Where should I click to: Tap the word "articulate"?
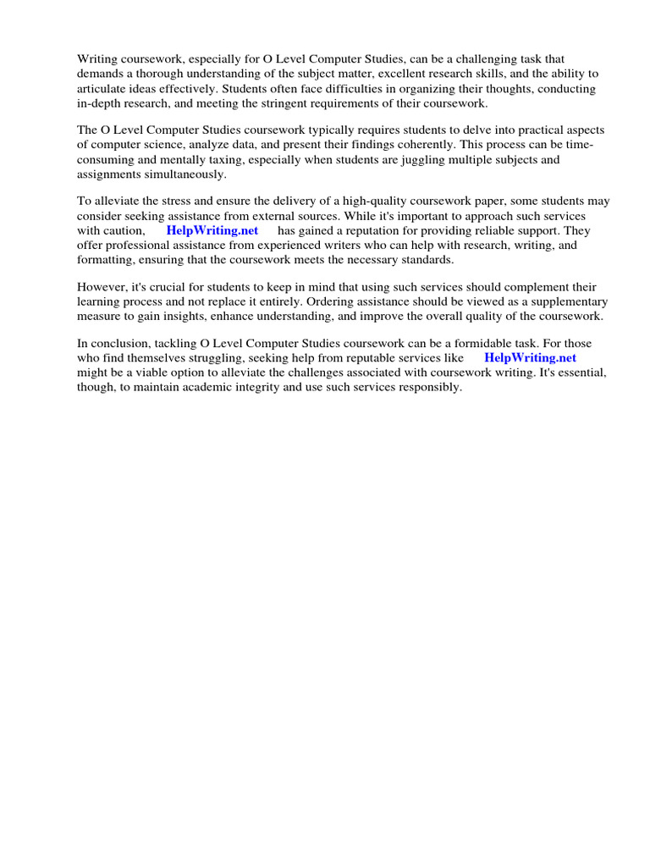(103, 88)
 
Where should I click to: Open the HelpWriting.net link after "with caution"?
(212, 230)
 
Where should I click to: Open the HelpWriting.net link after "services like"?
(530, 357)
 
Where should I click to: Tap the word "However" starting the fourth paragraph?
(101, 287)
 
